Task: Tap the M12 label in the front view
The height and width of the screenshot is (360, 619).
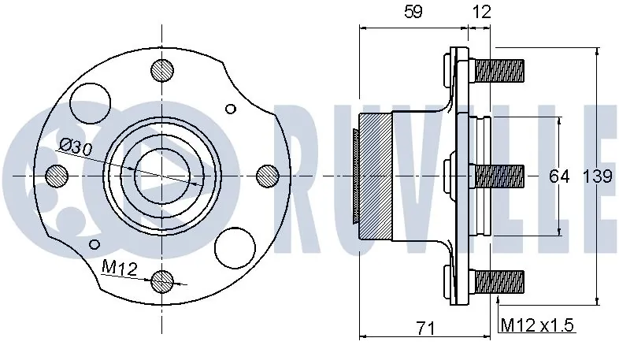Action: pyautogui.click(x=120, y=269)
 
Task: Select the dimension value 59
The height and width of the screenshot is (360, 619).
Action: pyautogui.click(x=413, y=12)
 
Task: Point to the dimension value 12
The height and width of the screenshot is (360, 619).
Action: pyautogui.click(x=482, y=12)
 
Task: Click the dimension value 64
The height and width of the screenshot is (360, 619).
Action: pyautogui.click(x=558, y=176)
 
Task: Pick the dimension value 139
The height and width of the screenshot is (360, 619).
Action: pyautogui.click(x=597, y=176)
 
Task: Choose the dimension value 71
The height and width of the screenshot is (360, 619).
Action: pyautogui.click(x=426, y=328)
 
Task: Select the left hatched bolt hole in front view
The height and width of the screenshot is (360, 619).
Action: pyautogui.click(x=57, y=175)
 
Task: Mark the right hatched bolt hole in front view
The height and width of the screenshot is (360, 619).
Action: pyautogui.click(x=268, y=175)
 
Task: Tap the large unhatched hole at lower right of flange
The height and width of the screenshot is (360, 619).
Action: pyautogui.click(x=237, y=247)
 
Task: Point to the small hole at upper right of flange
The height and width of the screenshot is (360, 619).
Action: pyautogui.click(x=230, y=109)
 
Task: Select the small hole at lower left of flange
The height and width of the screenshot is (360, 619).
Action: pyautogui.click(x=95, y=243)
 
